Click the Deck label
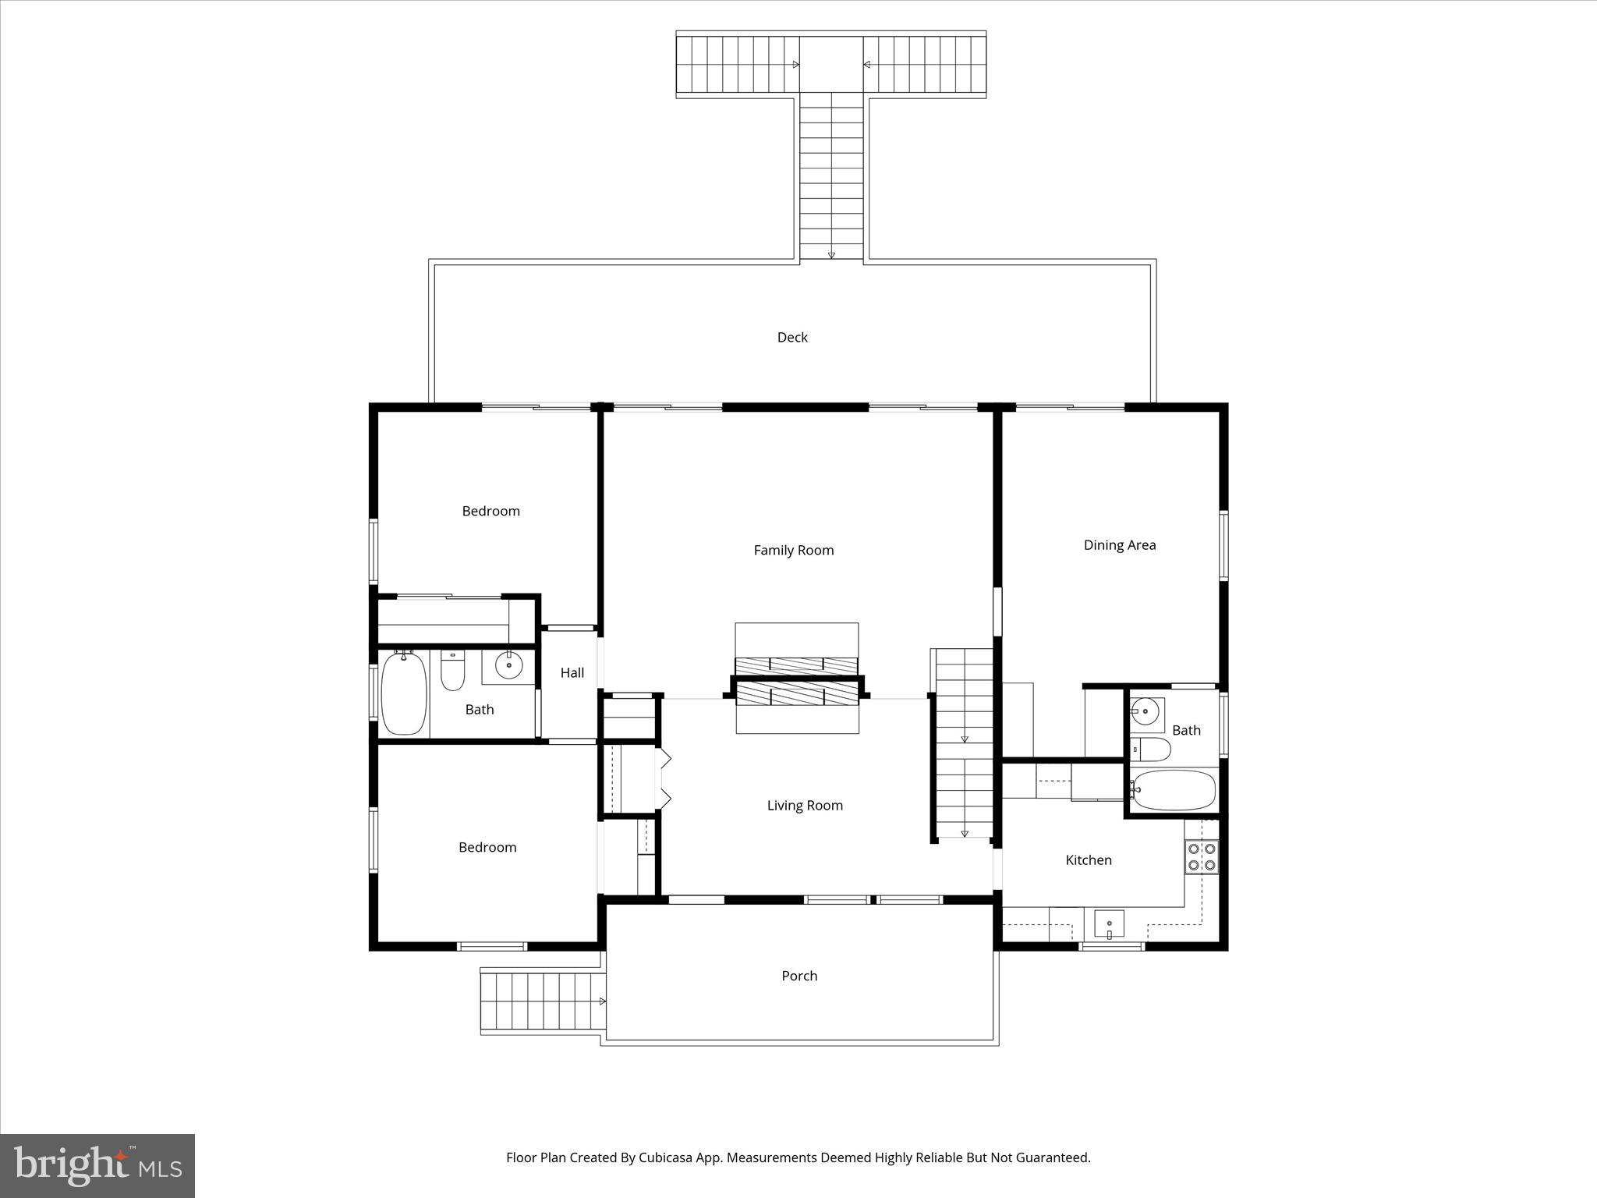pos(792,337)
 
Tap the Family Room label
pos(793,550)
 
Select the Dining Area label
pos(1119,544)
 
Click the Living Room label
pos(805,805)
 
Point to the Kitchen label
pos(1088,860)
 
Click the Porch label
pos(799,975)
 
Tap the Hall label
pos(572,672)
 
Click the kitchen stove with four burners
pos(1202,856)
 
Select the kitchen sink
pos(1108,924)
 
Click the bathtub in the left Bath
pos(404,693)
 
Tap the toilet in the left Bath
pos(452,670)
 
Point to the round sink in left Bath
pos(508,665)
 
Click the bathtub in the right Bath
pos(1174,790)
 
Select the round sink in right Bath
pos(1146,711)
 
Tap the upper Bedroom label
pos(490,511)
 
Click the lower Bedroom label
pos(487,847)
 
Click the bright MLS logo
pos(97,1165)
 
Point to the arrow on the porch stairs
pos(601,1001)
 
